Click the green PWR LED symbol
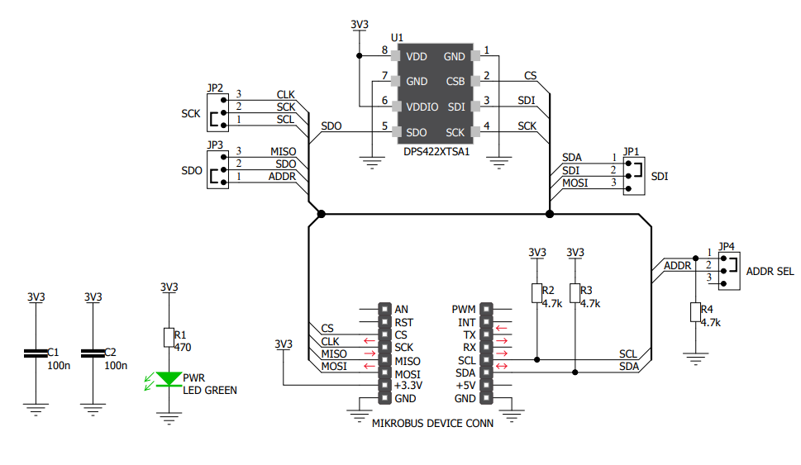click(169, 379)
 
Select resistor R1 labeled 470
click(169, 336)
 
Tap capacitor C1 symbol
click(36, 353)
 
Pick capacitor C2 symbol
click(93, 353)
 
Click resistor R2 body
click(536, 293)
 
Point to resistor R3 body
click(575, 293)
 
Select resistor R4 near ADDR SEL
click(694, 312)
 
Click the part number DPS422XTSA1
click(436, 152)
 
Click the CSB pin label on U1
click(455, 82)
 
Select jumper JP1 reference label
click(632, 152)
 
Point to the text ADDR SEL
click(770, 271)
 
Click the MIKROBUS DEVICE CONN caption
click(433, 423)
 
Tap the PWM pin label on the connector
click(463, 310)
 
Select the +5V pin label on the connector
click(465, 386)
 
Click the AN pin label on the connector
click(402, 310)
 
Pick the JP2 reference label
click(215, 88)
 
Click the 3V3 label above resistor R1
click(169, 287)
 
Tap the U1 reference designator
click(397, 38)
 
